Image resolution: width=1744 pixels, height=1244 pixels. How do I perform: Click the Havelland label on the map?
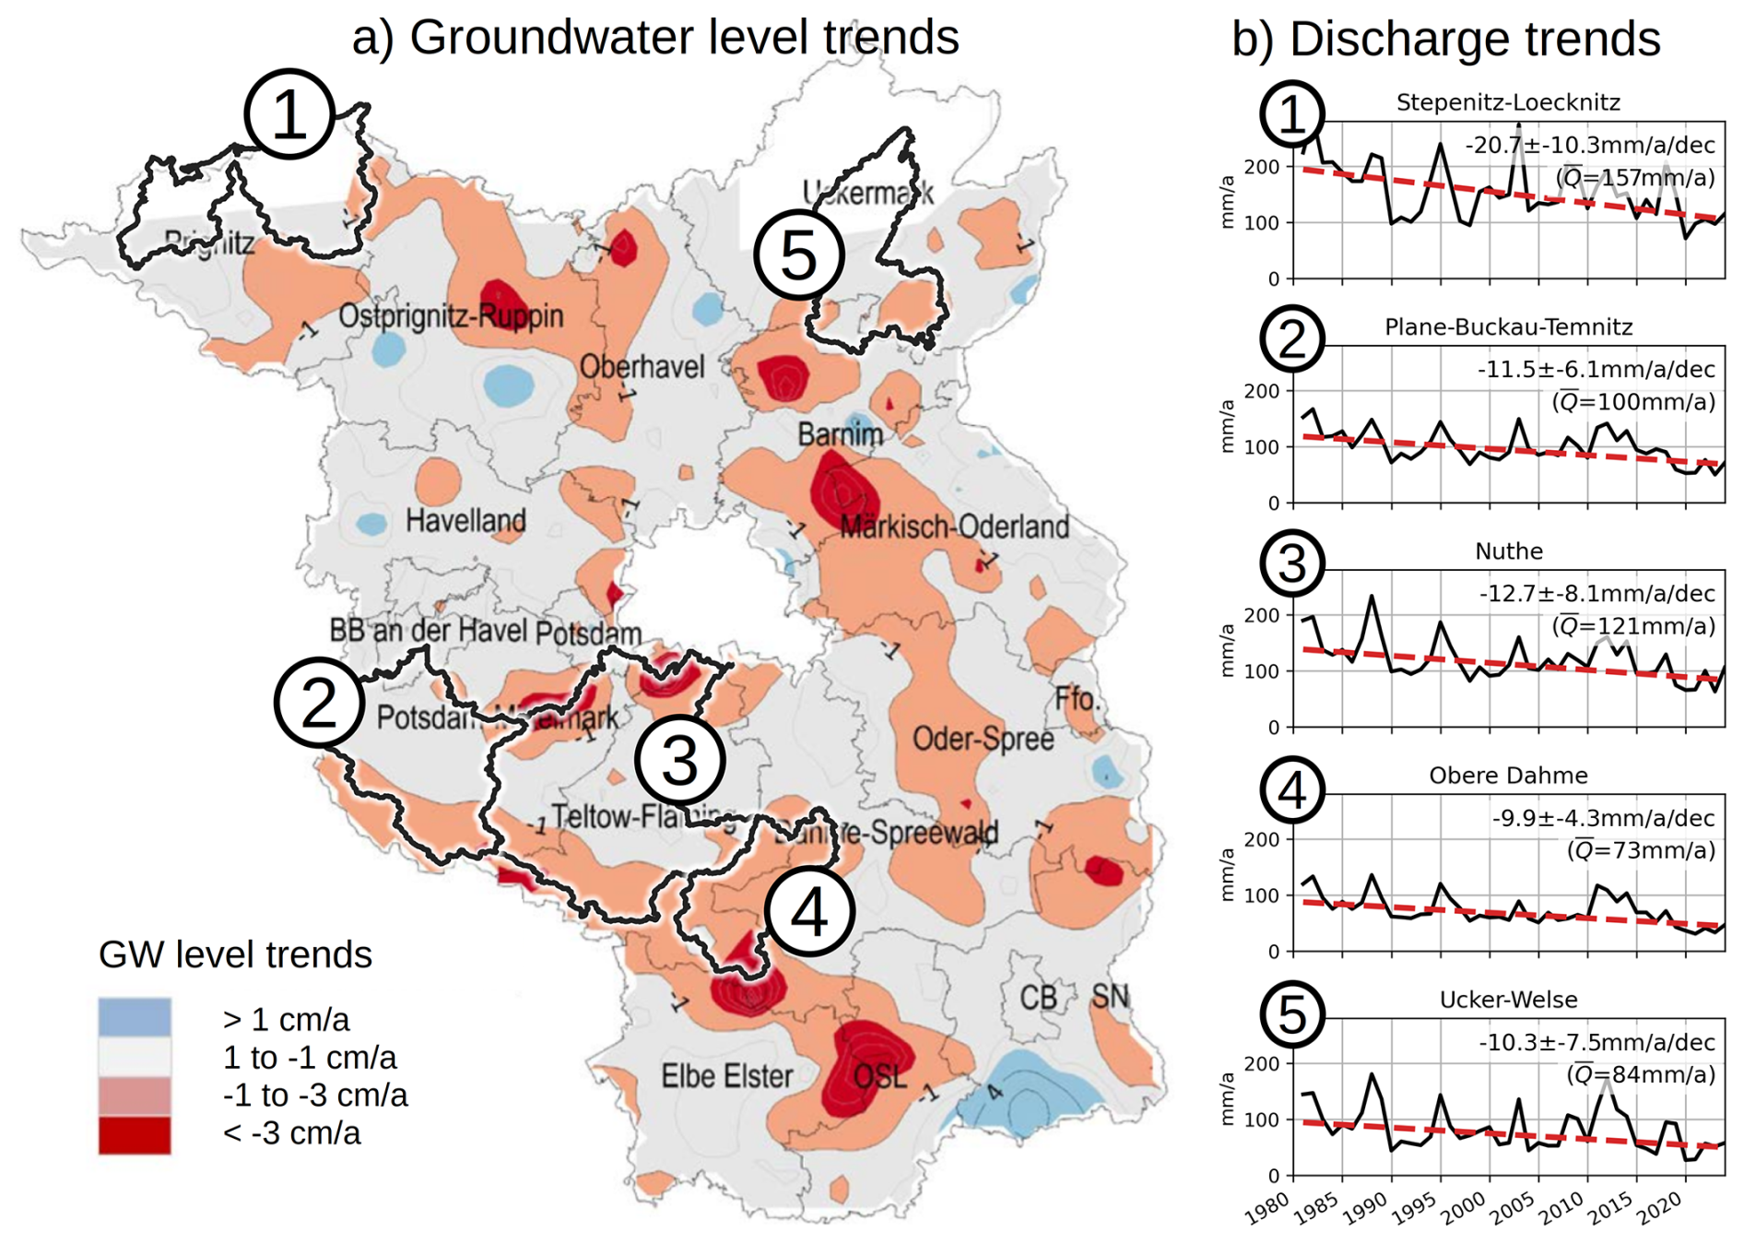pyautogui.click(x=465, y=521)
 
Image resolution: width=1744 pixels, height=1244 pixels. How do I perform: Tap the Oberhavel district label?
pyautogui.click(x=642, y=367)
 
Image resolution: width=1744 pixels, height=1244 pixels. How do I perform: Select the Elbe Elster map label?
pyautogui.click(x=726, y=1076)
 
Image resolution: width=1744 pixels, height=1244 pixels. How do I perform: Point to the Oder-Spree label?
pyautogui.click(x=983, y=739)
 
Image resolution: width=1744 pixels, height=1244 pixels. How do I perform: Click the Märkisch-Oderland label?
pyautogui.click(x=954, y=527)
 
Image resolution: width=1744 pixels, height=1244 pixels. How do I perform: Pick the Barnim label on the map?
pyautogui.click(x=840, y=434)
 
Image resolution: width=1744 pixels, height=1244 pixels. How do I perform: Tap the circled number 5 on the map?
pyautogui.click(x=798, y=255)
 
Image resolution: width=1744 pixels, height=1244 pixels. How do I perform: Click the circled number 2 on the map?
pyautogui.click(x=318, y=703)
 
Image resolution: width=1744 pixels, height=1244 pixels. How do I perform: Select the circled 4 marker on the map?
pyautogui.click(x=809, y=912)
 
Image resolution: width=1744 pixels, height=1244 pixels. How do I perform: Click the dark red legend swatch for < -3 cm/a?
pyautogui.click(x=135, y=1134)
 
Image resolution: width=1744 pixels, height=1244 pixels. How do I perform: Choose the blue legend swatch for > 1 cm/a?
pyautogui.click(x=135, y=1017)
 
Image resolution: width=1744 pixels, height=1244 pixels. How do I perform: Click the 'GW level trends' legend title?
pyautogui.click(x=235, y=955)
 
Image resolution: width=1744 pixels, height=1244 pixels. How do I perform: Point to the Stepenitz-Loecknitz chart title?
pyautogui.click(x=1507, y=102)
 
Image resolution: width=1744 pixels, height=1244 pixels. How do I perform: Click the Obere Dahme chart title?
pyautogui.click(x=1508, y=776)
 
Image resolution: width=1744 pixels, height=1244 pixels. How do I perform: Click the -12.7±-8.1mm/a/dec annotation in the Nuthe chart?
pyautogui.click(x=1597, y=593)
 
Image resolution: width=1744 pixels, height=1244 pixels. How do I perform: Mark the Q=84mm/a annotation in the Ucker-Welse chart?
pyautogui.click(x=1641, y=1074)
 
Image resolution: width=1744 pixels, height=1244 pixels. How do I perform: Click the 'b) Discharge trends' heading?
pyautogui.click(x=1445, y=40)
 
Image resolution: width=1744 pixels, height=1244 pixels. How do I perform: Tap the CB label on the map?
pyautogui.click(x=1038, y=998)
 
